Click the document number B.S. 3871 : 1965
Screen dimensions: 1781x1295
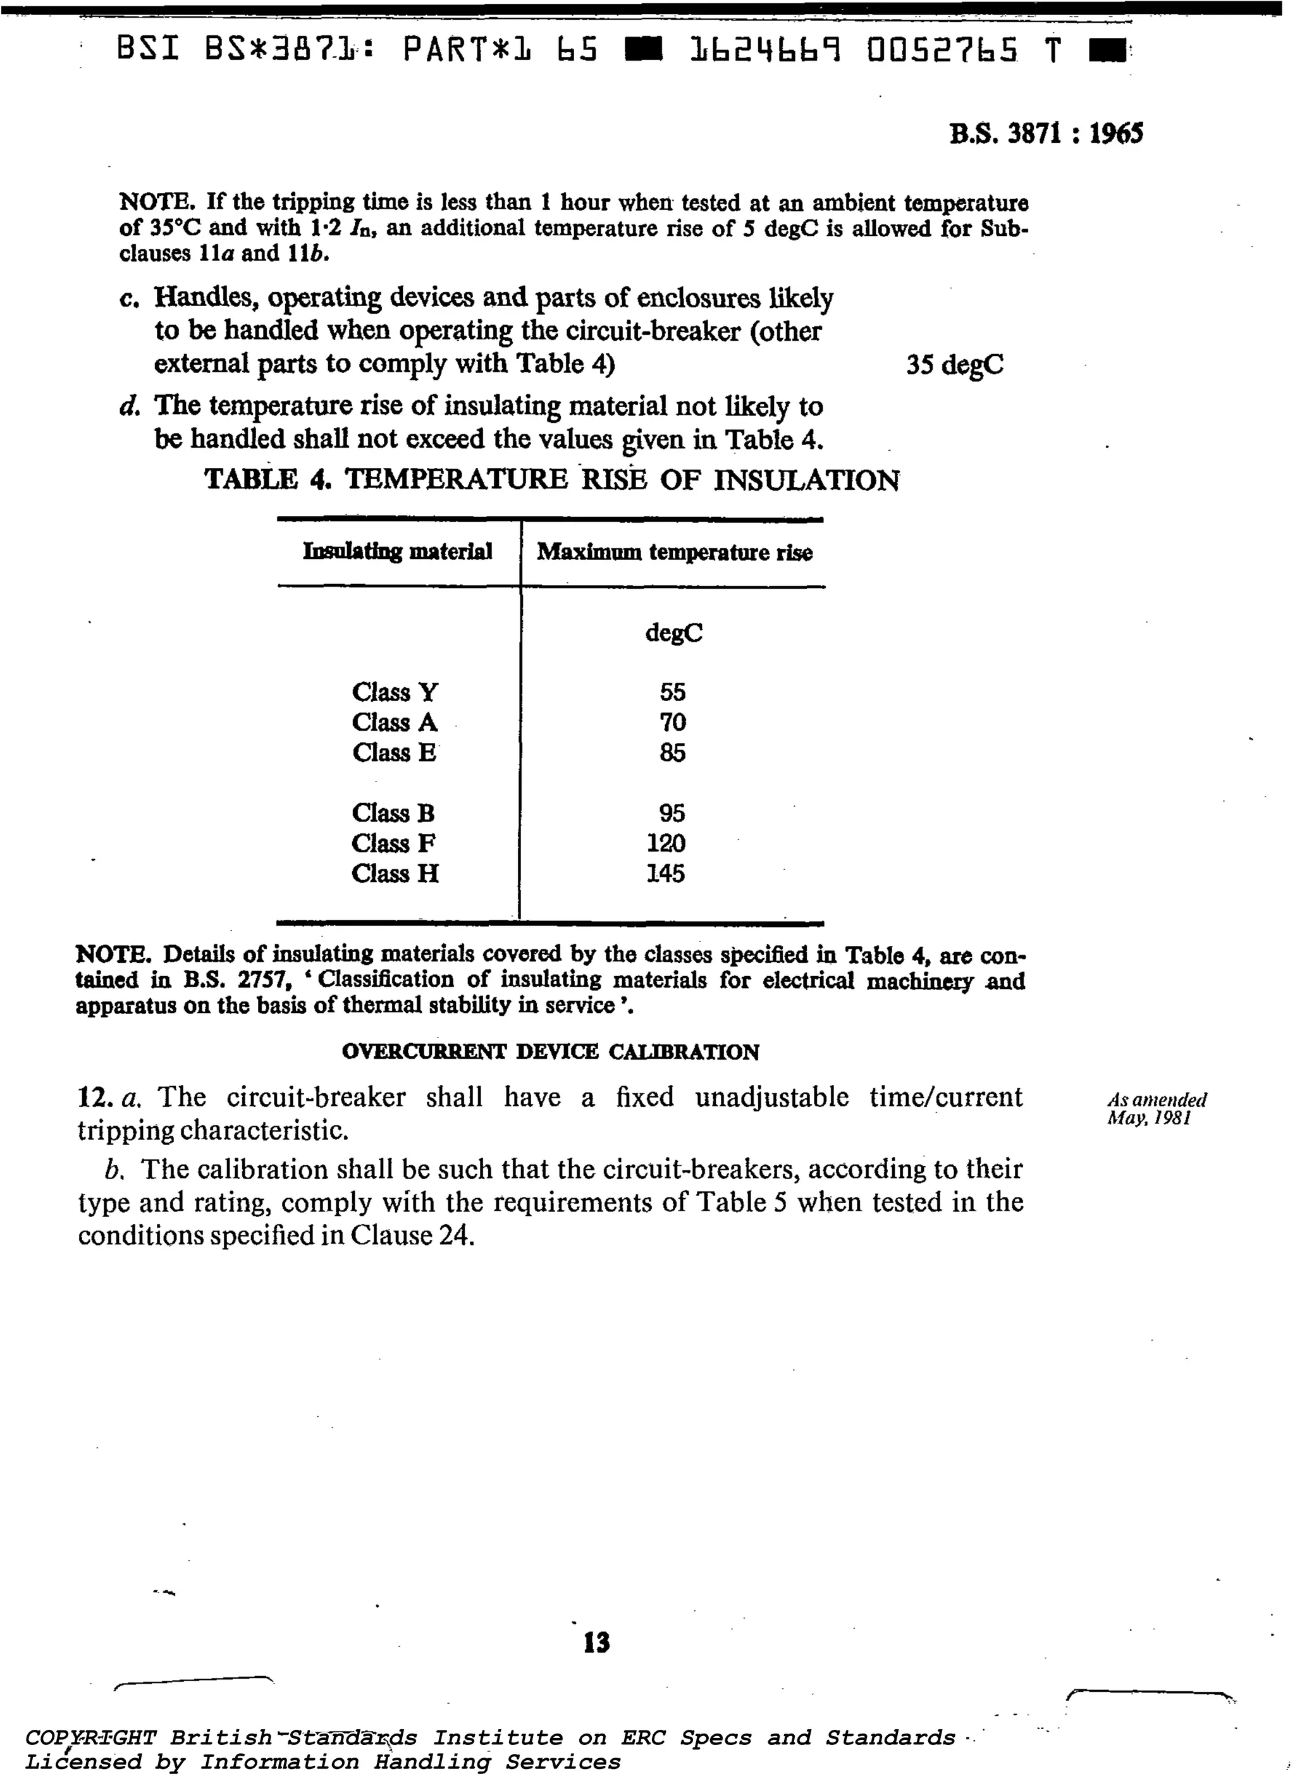click(x=1045, y=134)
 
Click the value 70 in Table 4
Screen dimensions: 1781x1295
click(x=672, y=723)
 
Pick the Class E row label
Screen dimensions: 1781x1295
click(x=393, y=753)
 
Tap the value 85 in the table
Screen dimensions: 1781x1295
click(x=672, y=753)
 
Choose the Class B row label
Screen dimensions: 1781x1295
click(x=393, y=813)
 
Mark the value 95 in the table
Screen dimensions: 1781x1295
click(x=672, y=813)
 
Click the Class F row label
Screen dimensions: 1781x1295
click(x=393, y=843)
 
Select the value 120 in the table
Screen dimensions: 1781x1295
click(x=666, y=843)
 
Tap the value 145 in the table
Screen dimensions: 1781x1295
click(x=666, y=873)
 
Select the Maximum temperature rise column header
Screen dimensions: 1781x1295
click(x=674, y=552)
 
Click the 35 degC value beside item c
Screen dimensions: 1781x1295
click(x=954, y=365)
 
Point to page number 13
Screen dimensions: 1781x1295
click(x=597, y=1641)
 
